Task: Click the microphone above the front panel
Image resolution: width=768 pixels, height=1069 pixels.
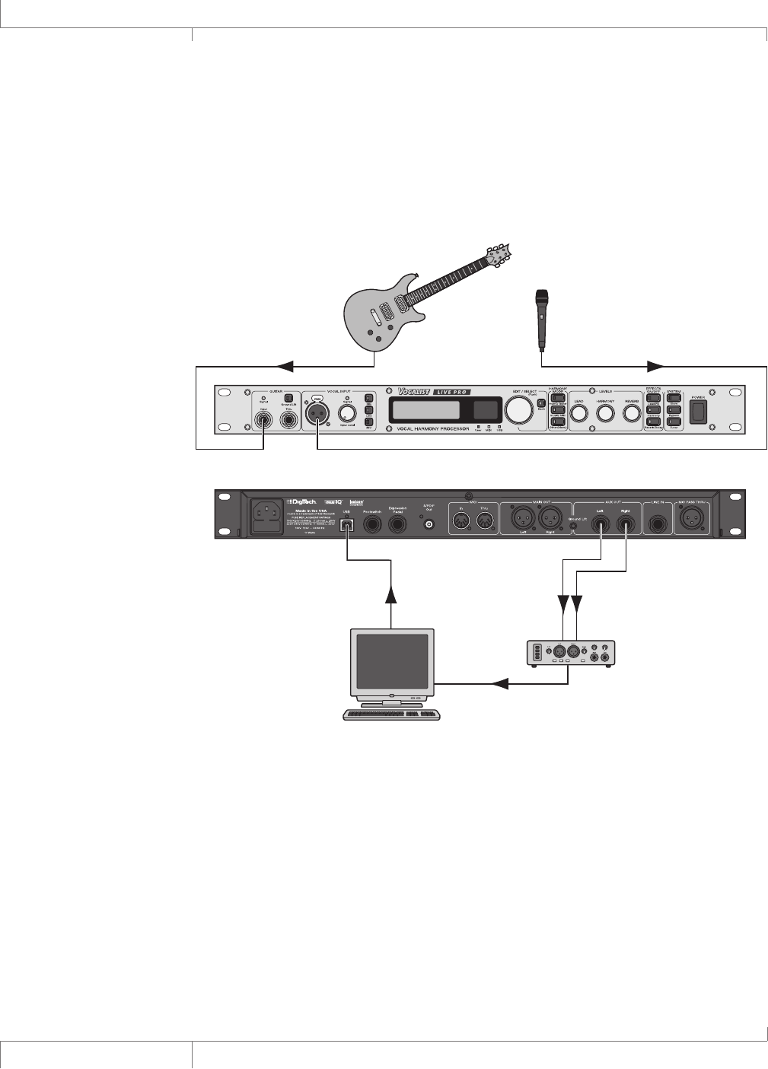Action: pyautogui.click(x=542, y=315)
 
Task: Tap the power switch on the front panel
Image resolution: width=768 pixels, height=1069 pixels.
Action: pyautogui.click(x=697, y=412)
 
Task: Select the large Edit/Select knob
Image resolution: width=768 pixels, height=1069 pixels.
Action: pyautogui.click(x=518, y=410)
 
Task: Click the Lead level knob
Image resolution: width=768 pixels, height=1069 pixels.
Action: pyautogui.click(x=578, y=413)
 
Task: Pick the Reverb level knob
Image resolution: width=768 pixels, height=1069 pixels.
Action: pyautogui.click(x=632, y=413)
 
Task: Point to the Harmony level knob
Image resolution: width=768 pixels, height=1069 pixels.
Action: pyautogui.click(x=605, y=413)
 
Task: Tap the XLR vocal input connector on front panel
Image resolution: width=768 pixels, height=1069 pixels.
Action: pyautogui.click(x=316, y=414)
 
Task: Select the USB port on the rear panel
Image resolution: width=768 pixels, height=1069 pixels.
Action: pyautogui.click(x=347, y=524)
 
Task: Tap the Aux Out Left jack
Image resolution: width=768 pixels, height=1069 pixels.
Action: pyautogui.click(x=601, y=524)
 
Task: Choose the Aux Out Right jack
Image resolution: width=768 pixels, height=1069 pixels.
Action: pyautogui.click(x=626, y=524)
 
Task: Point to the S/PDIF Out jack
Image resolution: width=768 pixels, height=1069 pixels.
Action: pyautogui.click(x=429, y=524)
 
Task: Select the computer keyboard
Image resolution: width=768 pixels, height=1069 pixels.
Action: pyautogui.click(x=391, y=714)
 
